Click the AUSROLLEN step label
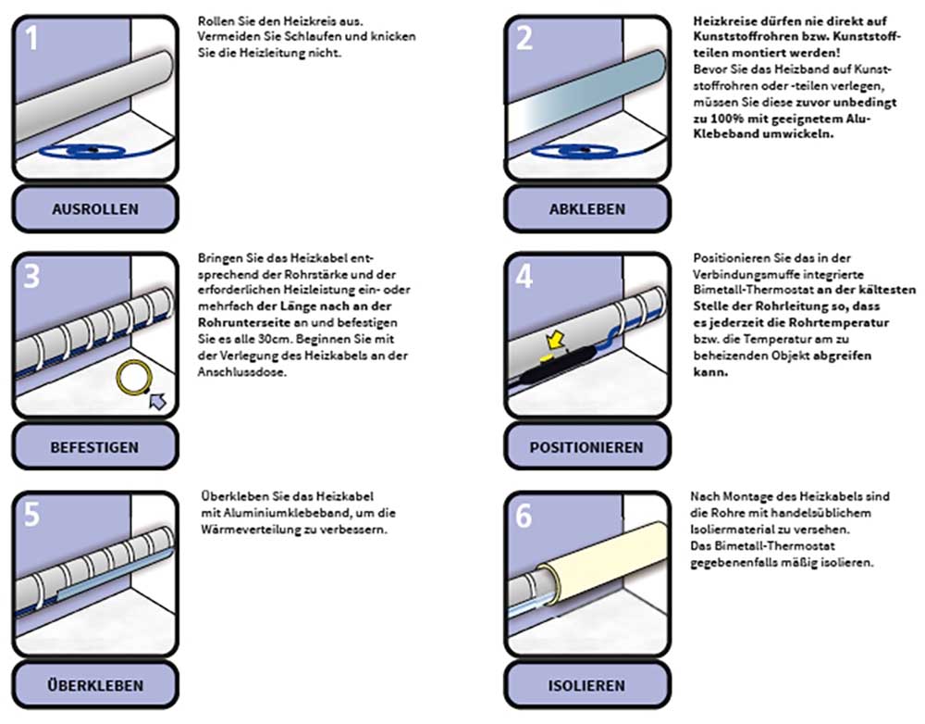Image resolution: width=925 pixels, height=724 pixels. click(94, 208)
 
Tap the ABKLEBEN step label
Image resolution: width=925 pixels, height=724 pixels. click(586, 208)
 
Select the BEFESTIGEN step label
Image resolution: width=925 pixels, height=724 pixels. click(94, 446)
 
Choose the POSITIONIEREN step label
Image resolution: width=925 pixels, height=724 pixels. click(586, 446)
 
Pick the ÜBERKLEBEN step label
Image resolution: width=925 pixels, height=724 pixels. click(94, 685)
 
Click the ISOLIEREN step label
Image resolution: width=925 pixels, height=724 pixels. click(586, 685)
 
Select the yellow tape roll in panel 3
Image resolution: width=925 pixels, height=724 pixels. click(134, 379)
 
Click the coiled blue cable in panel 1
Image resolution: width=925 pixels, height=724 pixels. click(92, 149)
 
